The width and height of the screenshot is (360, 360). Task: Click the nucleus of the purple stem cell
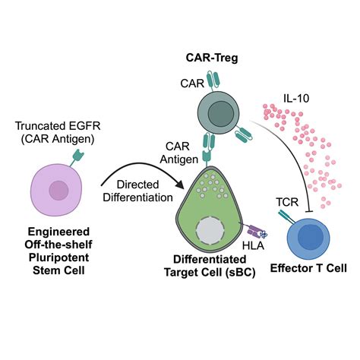tap(58, 190)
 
